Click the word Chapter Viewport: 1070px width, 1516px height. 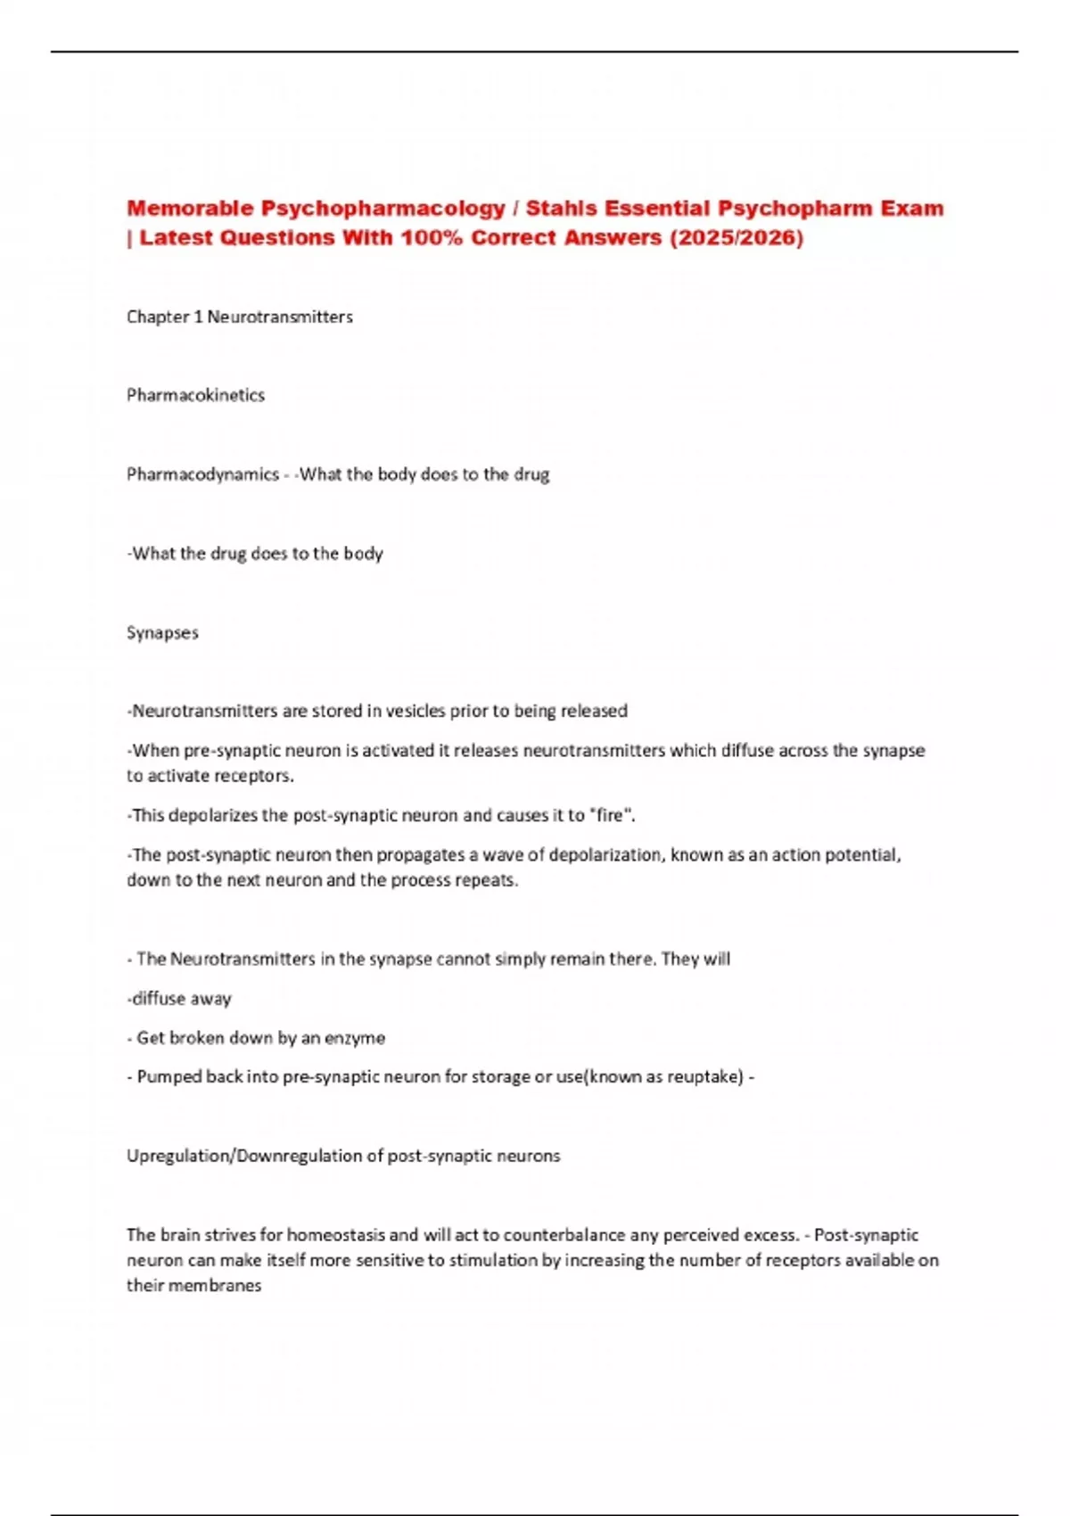[x=158, y=317]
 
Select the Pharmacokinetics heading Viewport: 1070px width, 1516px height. [x=195, y=395]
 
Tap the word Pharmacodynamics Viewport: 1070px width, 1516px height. [x=202, y=474]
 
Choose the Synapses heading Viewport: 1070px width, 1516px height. [x=162, y=632]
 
